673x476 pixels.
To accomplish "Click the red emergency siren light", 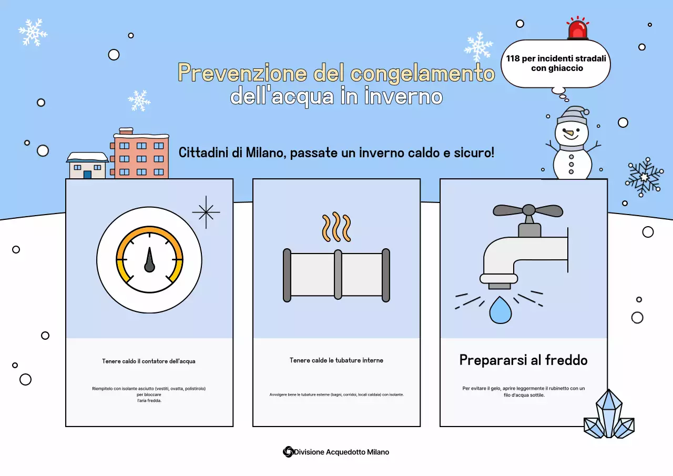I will tap(578, 29).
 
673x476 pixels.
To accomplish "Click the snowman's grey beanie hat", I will tap(572, 116).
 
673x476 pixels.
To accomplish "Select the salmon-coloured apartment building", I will tap(141, 156).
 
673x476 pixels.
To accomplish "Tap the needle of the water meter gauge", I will tap(149, 259).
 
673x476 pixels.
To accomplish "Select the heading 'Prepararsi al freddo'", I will tap(523, 360).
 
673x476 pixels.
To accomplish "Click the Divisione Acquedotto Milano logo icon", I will tap(288, 452).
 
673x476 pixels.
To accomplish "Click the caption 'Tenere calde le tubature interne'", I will tap(336, 360).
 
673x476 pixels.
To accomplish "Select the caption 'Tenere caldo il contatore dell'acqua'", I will tap(149, 361).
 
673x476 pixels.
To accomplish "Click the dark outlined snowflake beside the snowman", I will tap(644, 177).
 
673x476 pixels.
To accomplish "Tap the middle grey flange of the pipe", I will tap(338, 275).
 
